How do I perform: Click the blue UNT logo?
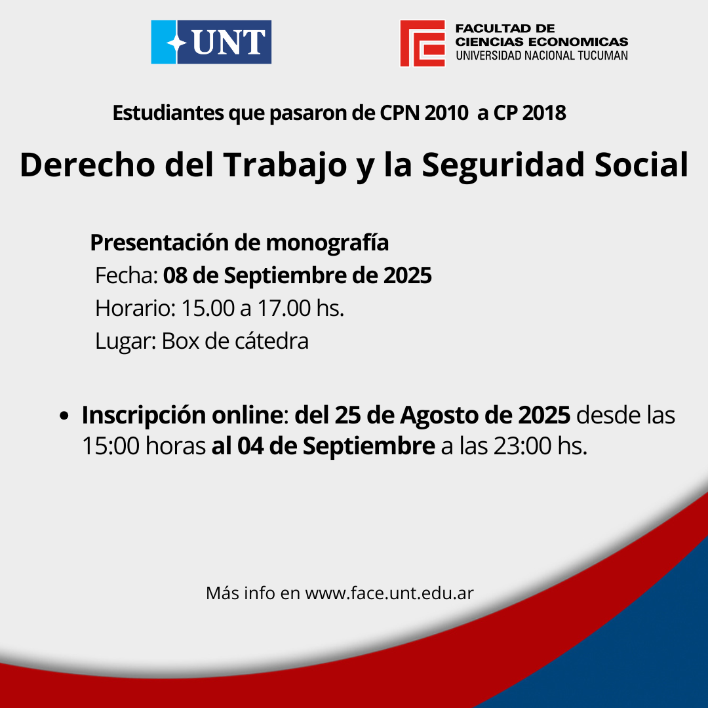(x=211, y=42)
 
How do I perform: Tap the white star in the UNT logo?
(x=176, y=43)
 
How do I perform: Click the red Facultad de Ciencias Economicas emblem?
(x=422, y=43)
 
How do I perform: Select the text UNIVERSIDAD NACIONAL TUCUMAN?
(x=541, y=56)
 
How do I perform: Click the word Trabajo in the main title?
(x=285, y=165)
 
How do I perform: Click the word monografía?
(x=327, y=243)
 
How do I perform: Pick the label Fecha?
(x=126, y=275)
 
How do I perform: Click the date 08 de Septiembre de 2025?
(x=297, y=275)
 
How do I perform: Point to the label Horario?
(x=135, y=308)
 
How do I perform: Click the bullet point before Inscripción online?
(x=64, y=416)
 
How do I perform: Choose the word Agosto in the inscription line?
(x=439, y=416)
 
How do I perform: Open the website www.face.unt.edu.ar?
(x=389, y=593)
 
